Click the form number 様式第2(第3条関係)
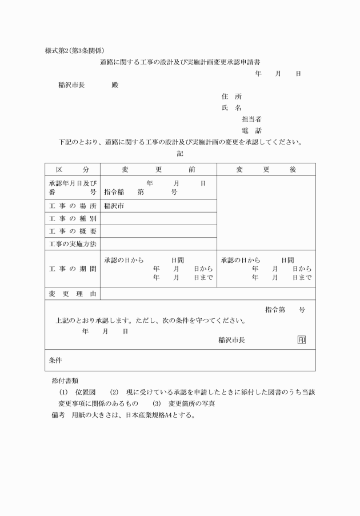[x=74, y=50]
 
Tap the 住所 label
[x=231, y=97]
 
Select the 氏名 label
[x=231, y=108]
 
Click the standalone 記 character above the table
[x=181, y=153]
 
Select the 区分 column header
[x=73, y=170]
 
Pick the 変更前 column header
[x=158, y=170]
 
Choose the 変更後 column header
[x=266, y=170]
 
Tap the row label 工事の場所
[x=73, y=206]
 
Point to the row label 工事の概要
[x=73, y=231]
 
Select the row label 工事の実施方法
[x=73, y=244]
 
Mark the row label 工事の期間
[x=73, y=269]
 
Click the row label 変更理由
[x=73, y=294]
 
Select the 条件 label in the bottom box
[x=55, y=361]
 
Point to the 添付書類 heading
[x=65, y=380]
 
